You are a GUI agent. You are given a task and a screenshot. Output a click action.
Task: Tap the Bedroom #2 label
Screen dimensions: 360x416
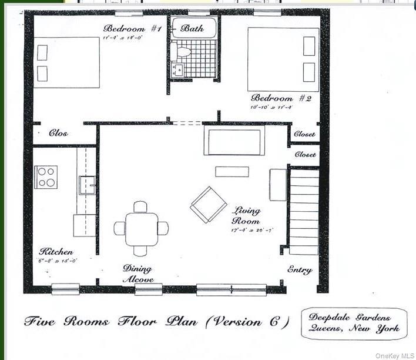(281, 98)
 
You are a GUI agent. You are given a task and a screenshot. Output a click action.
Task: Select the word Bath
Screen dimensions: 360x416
(192, 28)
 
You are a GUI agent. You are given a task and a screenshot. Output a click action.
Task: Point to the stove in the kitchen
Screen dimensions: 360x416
(46, 176)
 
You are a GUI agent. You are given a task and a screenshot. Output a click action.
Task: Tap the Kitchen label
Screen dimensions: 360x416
(56, 252)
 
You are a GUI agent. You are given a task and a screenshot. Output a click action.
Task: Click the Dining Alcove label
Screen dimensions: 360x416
(137, 274)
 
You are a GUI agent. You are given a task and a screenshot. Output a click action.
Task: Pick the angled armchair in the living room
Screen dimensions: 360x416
(209, 204)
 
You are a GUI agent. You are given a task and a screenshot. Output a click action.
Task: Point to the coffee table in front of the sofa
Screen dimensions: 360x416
(232, 172)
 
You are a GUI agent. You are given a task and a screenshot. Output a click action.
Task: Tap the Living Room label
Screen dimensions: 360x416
(246, 215)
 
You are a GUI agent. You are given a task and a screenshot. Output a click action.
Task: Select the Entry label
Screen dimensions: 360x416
(299, 270)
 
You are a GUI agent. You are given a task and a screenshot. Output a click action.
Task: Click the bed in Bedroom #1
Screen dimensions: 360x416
(66, 62)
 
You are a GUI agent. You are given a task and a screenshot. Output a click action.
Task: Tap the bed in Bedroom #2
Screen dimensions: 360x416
(283, 59)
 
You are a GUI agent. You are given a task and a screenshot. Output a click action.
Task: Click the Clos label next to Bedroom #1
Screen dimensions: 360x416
(58, 134)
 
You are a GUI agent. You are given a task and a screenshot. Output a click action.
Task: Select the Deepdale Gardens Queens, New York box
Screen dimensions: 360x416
(354, 324)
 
